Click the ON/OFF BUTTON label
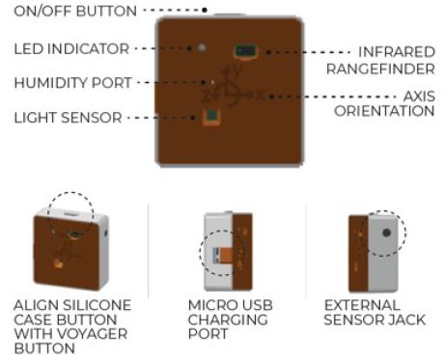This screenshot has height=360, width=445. pyautogui.click(x=75, y=11)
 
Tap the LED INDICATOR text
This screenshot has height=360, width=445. pyautogui.click(x=71, y=49)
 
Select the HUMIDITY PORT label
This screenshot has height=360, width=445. pyautogui.click(x=73, y=83)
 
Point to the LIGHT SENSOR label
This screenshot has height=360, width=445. pyautogui.click(x=68, y=118)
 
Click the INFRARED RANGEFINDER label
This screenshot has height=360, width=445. pyautogui.click(x=381, y=61)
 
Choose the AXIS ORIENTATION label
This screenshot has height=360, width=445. pyautogui.click(x=385, y=103)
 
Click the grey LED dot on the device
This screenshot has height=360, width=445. pyautogui.click(x=202, y=48)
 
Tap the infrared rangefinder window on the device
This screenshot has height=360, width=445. pyautogui.click(x=246, y=51)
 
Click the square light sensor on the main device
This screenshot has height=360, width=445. pyautogui.click(x=211, y=116)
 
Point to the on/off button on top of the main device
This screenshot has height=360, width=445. pyautogui.click(x=229, y=14)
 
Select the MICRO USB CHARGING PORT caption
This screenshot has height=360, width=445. pyautogui.click(x=231, y=319)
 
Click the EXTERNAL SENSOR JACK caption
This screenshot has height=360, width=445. pyautogui.click(x=375, y=313)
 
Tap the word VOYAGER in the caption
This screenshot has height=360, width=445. pyautogui.click(x=93, y=334)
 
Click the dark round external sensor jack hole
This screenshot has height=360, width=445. pyautogui.click(x=386, y=233)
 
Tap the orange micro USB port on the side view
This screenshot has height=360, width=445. pyautogui.click(x=223, y=254)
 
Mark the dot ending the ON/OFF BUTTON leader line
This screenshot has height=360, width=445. pyautogui.click(x=205, y=11)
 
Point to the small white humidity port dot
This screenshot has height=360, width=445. pyautogui.click(x=212, y=82)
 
